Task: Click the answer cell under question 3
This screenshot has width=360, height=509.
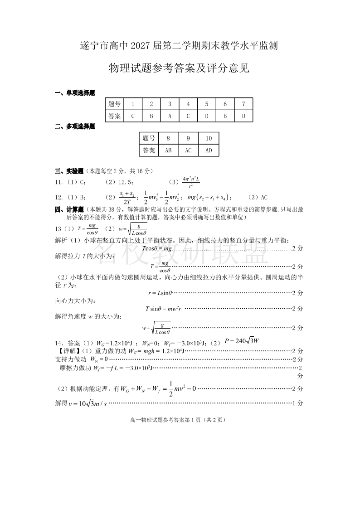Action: click(x=170, y=116)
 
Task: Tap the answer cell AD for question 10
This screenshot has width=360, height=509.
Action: click(x=209, y=150)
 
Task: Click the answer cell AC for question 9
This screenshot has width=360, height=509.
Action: click(x=188, y=150)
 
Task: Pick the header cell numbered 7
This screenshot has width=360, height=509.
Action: click(x=243, y=104)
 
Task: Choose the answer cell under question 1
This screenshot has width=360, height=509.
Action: click(x=133, y=116)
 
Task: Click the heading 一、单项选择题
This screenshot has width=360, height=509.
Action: click(x=75, y=93)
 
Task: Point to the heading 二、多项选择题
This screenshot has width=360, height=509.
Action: click(x=75, y=127)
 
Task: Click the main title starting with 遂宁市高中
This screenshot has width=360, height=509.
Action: click(x=179, y=46)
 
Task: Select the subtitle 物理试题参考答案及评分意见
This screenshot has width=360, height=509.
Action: click(x=179, y=68)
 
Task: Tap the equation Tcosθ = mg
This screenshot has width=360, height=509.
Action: click(x=157, y=248)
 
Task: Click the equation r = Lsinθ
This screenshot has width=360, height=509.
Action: click(x=160, y=293)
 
